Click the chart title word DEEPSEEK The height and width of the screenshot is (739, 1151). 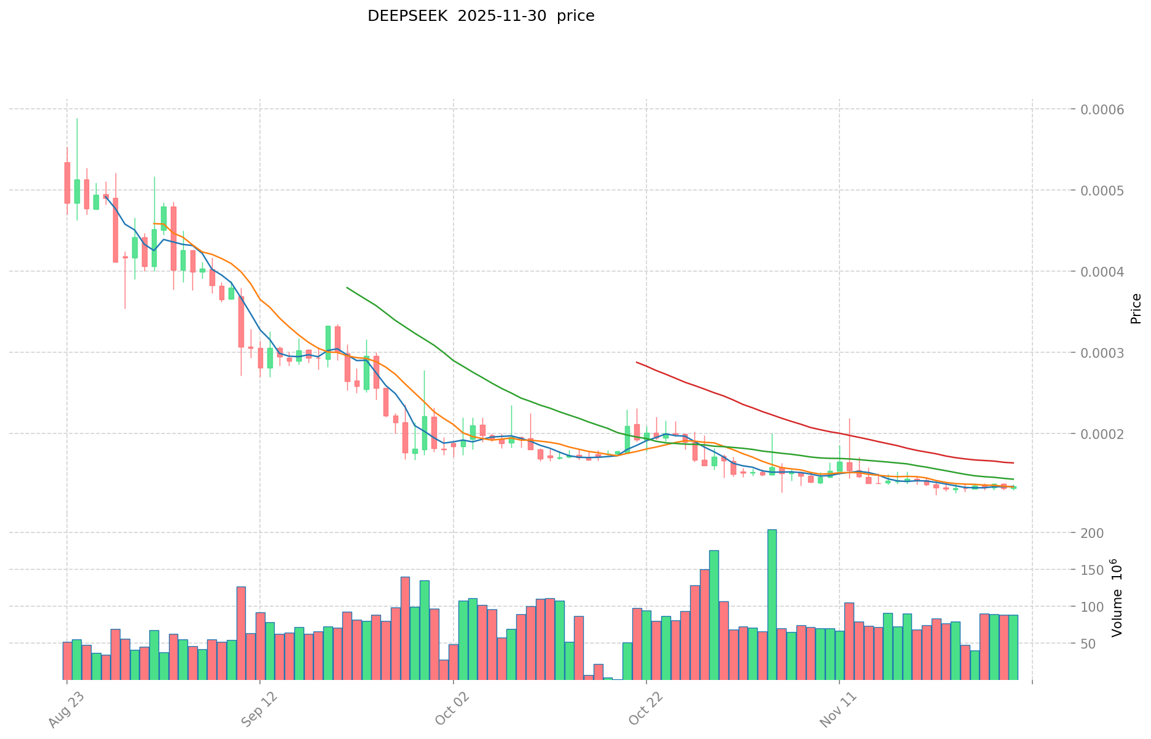click(394, 16)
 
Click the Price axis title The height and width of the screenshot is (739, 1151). click(1136, 309)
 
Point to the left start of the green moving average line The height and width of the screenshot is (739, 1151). click(347, 287)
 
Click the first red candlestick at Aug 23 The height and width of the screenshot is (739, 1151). click(67, 183)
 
